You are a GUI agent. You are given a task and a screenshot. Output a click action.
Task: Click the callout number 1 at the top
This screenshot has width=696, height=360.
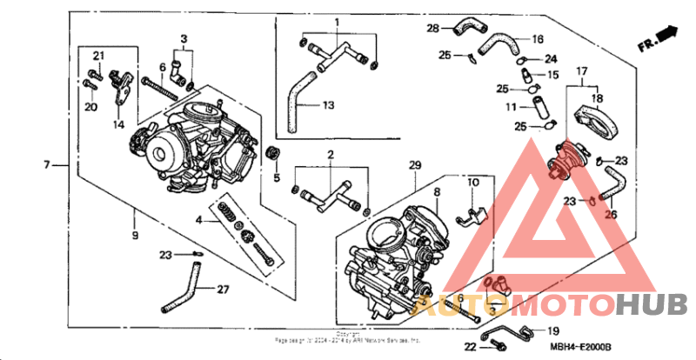pyautogui.click(x=338, y=21)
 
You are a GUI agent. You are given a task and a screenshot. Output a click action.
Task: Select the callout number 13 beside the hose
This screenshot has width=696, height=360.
pyautogui.click(x=328, y=105)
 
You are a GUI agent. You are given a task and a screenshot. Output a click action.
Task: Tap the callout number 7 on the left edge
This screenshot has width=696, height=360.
pyautogui.click(x=48, y=163)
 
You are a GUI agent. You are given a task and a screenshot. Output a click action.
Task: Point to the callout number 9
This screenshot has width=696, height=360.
pyautogui.click(x=136, y=236)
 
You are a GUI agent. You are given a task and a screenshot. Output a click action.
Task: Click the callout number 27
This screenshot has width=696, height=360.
pyautogui.click(x=223, y=290)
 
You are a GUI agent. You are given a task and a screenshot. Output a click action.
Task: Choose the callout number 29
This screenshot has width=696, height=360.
pyautogui.click(x=414, y=165)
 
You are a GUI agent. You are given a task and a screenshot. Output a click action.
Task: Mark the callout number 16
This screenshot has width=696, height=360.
pyautogui.click(x=537, y=40)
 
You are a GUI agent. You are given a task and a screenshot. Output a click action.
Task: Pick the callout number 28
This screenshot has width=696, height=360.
pyautogui.click(x=432, y=30)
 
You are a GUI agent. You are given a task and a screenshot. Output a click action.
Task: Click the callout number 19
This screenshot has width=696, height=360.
pyautogui.click(x=553, y=331)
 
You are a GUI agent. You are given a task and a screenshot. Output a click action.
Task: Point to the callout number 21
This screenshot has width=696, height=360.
pyautogui.click(x=98, y=57)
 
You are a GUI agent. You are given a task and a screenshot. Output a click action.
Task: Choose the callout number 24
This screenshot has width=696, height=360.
pyautogui.click(x=550, y=59)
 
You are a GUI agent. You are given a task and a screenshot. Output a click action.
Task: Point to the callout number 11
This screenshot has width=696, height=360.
pyautogui.click(x=513, y=107)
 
